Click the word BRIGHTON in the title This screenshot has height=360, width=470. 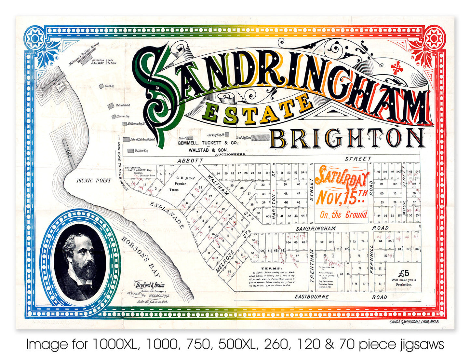(347, 138)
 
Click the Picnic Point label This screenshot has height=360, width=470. (94, 180)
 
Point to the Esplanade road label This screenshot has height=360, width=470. (168, 215)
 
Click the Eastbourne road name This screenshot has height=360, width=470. (312, 297)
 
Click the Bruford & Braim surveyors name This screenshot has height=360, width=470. (150, 285)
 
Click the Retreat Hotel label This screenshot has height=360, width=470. (123, 105)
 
